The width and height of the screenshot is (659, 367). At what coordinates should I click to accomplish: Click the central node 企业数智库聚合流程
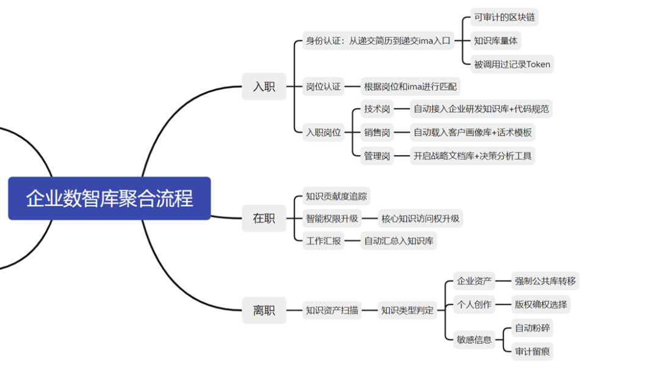[109, 198]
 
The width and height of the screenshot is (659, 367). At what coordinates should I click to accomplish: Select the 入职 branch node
[264, 87]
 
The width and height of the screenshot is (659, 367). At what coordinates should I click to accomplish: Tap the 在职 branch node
[264, 218]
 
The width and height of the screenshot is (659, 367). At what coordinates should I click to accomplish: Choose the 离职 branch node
[264, 310]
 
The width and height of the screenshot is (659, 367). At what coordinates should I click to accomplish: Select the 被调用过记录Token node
[512, 64]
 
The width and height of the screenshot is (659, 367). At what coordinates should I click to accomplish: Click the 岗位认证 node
[323, 87]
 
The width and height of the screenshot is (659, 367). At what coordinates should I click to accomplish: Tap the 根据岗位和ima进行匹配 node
[410, 87]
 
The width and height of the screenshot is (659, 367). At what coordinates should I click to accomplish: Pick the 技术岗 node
[377, 109]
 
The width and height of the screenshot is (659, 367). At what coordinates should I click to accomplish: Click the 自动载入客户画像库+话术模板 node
[472, 133]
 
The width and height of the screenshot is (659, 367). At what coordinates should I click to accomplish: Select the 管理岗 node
[377, 156]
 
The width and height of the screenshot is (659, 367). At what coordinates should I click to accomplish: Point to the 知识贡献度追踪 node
[336, 196]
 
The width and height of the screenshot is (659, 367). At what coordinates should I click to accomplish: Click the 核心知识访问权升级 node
[420, 218]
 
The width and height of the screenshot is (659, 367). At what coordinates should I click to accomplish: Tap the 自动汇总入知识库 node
[398, 241]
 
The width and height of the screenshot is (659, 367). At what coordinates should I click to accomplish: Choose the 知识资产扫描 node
[332, 310]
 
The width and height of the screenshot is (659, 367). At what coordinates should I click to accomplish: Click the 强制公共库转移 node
[545, 281]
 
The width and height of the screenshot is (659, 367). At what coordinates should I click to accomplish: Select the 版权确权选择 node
[541, 304]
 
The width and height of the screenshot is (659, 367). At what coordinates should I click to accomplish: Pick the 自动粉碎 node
[532, 328]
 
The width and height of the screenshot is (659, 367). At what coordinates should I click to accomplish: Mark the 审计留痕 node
[532, 351]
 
